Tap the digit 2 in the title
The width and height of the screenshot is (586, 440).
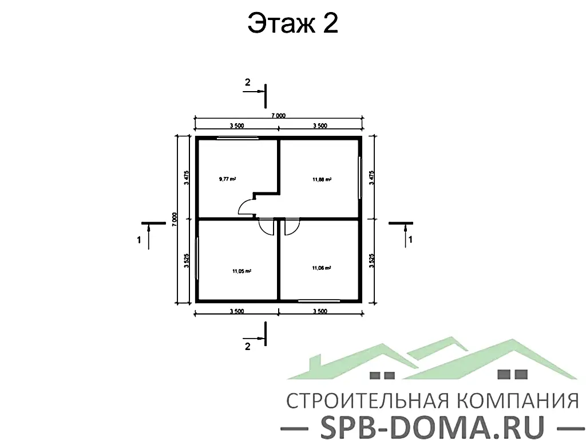click(329, 24)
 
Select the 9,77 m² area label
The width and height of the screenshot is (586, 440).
click(227, 179)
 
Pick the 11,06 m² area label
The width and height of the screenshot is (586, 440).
click(322, 268)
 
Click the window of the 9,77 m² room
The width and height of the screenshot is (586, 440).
click(237, 137)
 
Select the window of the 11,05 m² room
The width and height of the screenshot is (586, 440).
click(197, 258)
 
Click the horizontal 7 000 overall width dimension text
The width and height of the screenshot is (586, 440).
click(278, 116)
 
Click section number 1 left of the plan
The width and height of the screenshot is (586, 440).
click(139, 241)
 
